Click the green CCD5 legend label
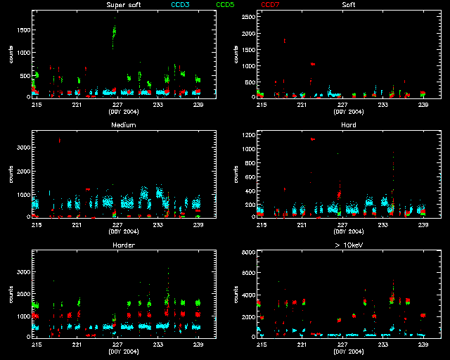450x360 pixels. tap(226, 5)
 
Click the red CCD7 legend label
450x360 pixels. tap(270, 5)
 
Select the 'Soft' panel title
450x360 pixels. tap(347, 5)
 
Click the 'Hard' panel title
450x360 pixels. tap(347, 125)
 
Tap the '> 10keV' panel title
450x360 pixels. tap(348, 245)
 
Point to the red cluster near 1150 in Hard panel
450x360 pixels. tap(311, 139)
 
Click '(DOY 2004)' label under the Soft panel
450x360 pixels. tap(348, 111)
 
